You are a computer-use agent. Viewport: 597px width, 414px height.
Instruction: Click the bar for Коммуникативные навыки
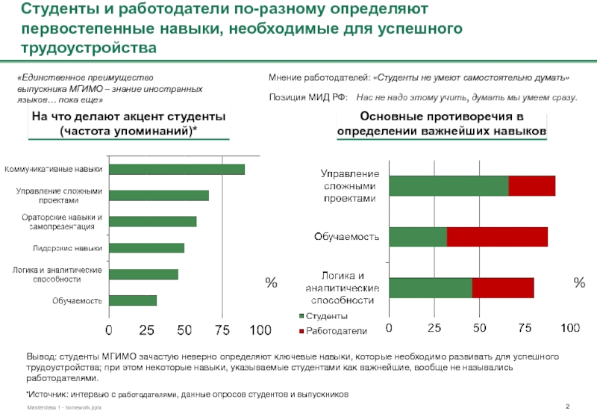coord(176,169)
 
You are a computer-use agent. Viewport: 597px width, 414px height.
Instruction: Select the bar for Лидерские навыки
coord(146,247)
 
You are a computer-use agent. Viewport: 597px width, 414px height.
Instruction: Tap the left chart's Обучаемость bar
coord(132,300)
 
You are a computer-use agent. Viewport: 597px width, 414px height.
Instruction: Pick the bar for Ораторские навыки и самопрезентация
coord(152,221)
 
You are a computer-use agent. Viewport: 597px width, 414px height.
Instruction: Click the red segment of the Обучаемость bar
coord(497,236)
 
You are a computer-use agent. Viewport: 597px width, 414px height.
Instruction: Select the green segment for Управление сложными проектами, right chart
coord(448,186)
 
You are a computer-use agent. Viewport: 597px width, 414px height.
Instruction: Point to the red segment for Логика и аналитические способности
coord(503,288)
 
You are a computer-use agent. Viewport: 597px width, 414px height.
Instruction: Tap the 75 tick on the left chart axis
coord(222,330)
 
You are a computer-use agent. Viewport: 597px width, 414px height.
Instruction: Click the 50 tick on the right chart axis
coord(479,328)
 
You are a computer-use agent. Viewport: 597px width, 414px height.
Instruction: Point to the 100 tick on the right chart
coord(569,328)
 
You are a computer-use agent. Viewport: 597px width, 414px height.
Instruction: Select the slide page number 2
coord(569,405)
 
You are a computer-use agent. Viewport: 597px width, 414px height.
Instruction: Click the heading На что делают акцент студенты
coord(128,124)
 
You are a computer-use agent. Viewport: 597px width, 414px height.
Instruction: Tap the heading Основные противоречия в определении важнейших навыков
coord(442,124)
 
